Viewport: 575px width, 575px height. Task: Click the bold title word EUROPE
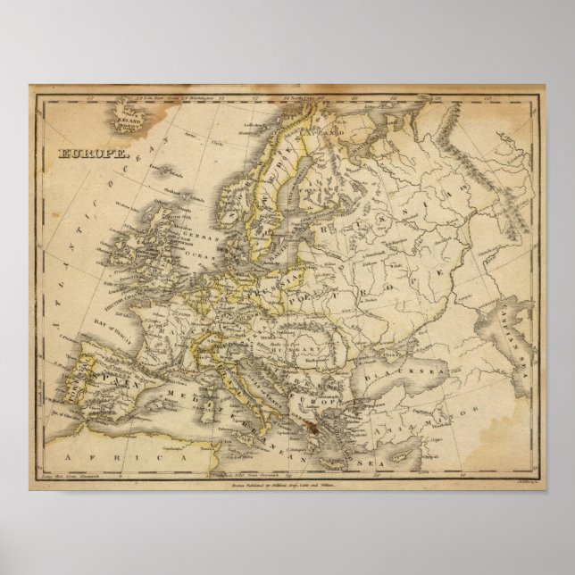(x=83, y=153)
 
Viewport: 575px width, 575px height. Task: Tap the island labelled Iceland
(x=124, y=115)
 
